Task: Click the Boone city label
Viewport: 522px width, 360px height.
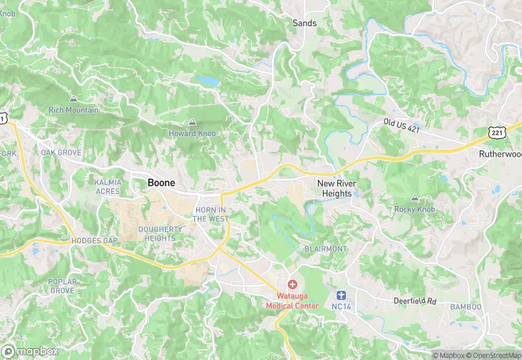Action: click(x=161, y=183)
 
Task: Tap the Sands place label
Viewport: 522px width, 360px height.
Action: click(x=304, y=23)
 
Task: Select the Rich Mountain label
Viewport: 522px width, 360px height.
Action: click(x=73, y=110)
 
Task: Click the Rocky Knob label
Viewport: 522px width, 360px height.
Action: click(x=415, y=209)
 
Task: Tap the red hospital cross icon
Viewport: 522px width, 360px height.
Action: click(x=292, y=284)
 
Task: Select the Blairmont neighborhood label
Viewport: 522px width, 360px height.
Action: click(x=326, y=249)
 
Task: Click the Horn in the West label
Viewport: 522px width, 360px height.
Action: click(x=210, y=214)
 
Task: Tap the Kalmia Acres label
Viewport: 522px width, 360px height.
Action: click(x=107, y=186)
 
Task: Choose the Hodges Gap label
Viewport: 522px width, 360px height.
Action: click(x=95, y=241)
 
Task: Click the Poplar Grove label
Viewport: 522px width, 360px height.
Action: click(x=61, y=286)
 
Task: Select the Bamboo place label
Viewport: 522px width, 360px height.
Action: click(x=466, y=306)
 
